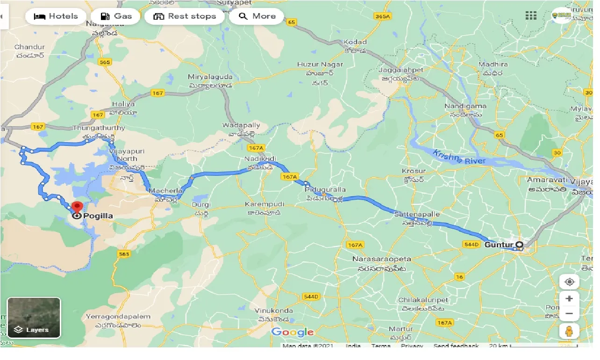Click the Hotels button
(56, 16)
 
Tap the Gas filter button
(115, 16)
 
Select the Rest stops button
(185, 16)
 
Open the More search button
(257, 16)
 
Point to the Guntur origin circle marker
(519, 245)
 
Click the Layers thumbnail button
(34, 318)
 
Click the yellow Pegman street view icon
(569, 331)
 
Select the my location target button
(569, 282)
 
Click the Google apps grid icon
(531, 16)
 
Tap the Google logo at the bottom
(293, 332)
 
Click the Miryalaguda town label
(210, 77)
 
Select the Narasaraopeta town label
(382, 259)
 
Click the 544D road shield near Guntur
(471, 245)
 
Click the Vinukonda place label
(274, 311)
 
